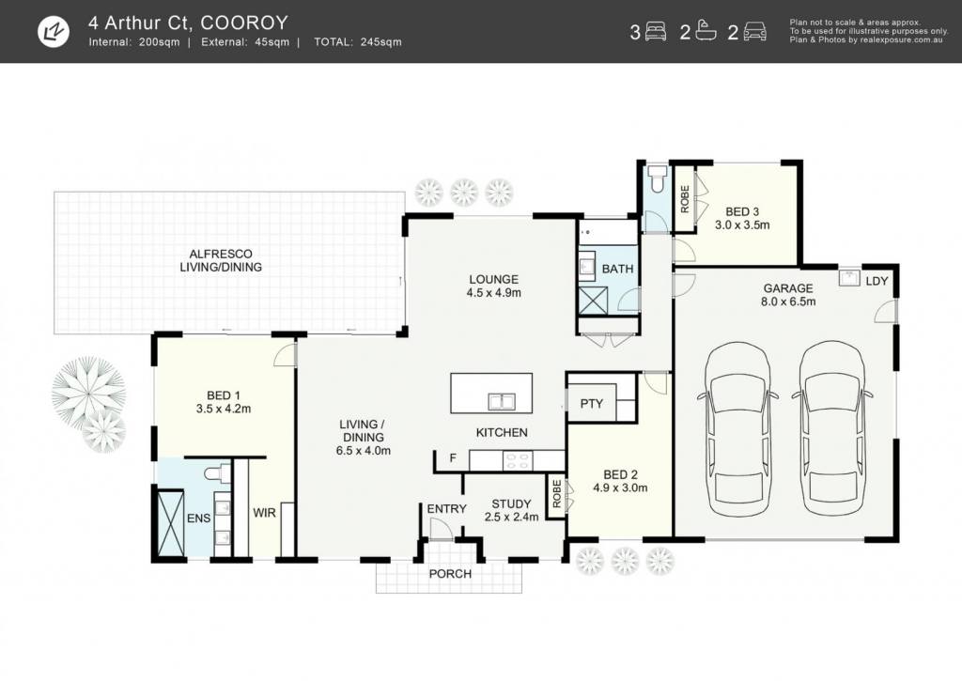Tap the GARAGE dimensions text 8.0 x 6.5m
788,302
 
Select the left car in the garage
737,428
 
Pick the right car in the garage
832,428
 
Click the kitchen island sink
502,402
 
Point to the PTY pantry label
592,404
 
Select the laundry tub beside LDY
849,277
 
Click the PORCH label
450,574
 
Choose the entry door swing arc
441,529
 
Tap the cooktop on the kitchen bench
518,461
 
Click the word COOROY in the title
243,23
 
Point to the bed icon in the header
655,31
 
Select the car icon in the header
754,31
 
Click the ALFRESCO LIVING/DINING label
221,261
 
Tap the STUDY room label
512,504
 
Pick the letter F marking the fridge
453,457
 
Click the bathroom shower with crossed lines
593,301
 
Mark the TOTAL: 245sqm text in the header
358,42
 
